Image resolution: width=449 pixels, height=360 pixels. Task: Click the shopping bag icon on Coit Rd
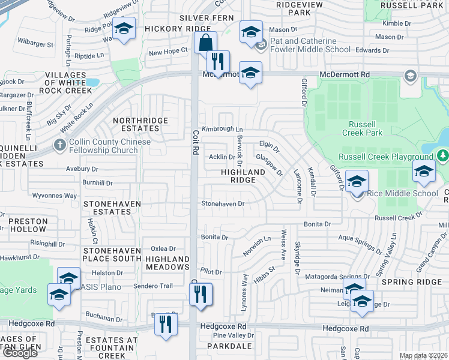(205, 43)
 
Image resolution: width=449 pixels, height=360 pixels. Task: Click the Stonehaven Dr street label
(223, 203)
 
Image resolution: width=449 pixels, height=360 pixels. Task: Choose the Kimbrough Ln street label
(222, 129)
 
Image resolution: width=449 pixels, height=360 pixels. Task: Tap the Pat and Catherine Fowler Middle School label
(310, 46)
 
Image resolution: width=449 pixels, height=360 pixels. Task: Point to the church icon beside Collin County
(59, 145)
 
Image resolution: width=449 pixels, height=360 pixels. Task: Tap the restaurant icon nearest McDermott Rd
(217, 61)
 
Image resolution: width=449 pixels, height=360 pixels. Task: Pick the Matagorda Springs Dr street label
(336, 275)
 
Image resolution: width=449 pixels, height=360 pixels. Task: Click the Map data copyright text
(423, 356)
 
